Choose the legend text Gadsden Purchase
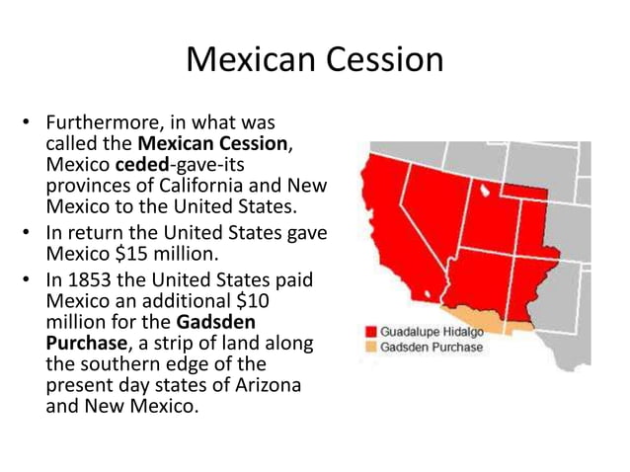(x=432, y=347)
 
